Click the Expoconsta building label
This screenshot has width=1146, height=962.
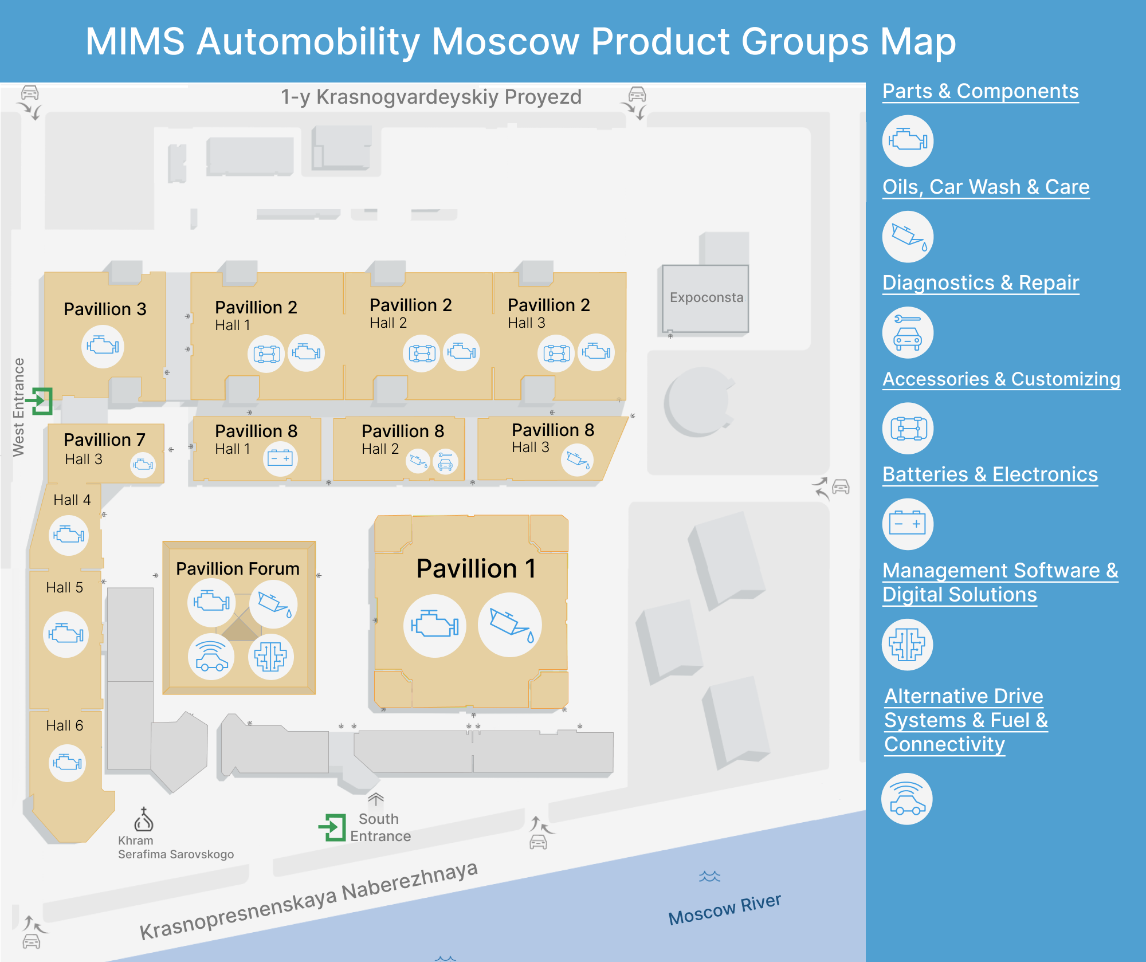(706, 297)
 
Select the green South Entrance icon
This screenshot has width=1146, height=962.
(333, 827)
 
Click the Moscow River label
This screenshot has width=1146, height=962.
(724, 909)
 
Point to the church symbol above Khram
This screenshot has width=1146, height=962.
(143, 819)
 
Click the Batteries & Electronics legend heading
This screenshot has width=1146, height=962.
(990, 474)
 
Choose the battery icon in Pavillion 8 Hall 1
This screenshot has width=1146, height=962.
(280, 458)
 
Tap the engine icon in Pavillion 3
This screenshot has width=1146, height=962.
(103, 346)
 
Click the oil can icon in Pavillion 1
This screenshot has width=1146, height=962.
(509, 625)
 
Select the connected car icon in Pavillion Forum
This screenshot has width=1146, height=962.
(211, 657)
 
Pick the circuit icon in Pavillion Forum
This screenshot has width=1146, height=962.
(270, 657)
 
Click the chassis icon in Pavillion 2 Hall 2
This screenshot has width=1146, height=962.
(422, 353)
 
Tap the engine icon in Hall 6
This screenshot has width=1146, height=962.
(68, 763)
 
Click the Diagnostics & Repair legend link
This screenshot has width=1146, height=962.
(980, 283)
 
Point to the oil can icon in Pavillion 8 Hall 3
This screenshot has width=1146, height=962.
(577, 460)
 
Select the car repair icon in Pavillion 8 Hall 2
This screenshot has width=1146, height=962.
(445, 461)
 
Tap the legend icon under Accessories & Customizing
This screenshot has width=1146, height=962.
(908, 429)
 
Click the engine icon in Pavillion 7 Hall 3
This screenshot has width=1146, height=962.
(143, 465)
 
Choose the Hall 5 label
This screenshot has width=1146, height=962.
(64, 587)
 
